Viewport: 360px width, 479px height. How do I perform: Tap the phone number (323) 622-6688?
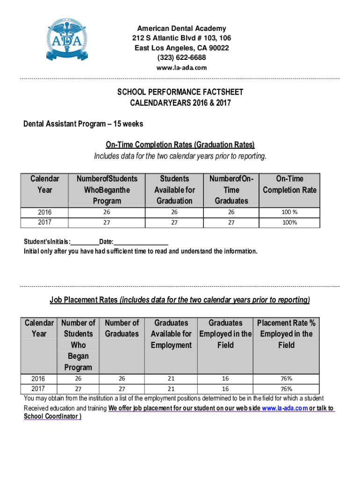point(180,58)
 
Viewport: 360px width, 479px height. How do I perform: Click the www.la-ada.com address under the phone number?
point(180,68)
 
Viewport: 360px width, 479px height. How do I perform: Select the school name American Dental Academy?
point(180,29)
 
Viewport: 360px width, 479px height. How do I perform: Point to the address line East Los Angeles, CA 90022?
point(180,48)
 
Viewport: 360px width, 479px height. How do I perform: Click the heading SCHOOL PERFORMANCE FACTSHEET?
point(180,92)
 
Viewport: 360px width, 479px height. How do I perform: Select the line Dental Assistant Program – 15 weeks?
point(83,124)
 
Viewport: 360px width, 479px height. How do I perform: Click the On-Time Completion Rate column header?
point(289,184)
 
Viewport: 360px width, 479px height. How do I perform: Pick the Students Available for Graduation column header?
point(174,189)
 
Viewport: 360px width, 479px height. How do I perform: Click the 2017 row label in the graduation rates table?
point(44,222)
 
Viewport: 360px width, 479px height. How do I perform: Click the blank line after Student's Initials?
point(85,242)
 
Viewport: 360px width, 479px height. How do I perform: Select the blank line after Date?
point(141,242)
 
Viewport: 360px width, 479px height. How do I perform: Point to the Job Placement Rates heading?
point(180,299)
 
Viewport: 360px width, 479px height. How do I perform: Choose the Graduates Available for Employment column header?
point(171,334)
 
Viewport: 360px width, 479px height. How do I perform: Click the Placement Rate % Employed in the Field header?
point(286,334)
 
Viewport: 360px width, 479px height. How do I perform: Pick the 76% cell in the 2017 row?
point(286,389)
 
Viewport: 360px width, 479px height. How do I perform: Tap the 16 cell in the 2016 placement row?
point(225,378)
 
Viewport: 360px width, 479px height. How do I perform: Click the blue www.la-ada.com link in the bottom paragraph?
point(285,408)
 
